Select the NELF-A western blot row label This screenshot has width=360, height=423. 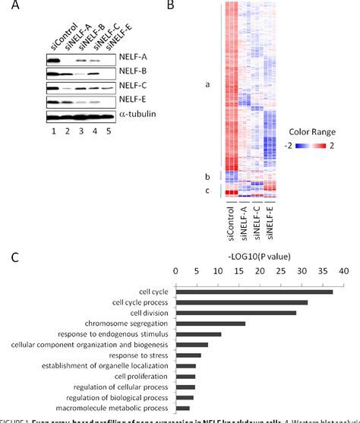tap(132, 57)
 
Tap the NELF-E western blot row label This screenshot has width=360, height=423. tap(132, 100)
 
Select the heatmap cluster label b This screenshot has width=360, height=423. tap(207, 176)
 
